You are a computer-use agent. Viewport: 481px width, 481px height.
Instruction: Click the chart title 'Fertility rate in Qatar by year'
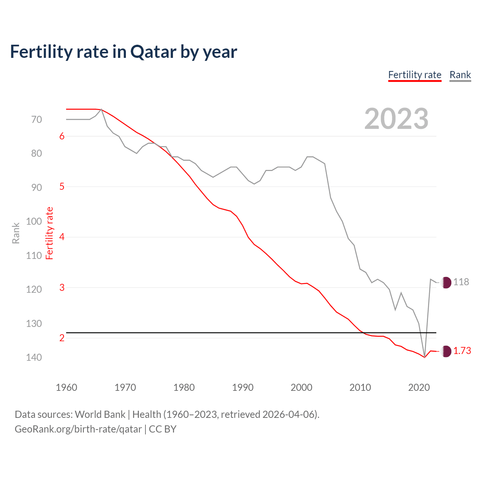(x=123, y=52)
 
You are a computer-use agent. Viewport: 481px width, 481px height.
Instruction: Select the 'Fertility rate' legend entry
(x=414, y=75)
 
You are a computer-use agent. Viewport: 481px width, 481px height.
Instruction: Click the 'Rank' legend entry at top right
(x=460, y=75)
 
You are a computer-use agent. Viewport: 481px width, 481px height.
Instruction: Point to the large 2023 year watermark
(x=396, y=119)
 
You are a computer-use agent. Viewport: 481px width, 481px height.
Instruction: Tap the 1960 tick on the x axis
(x=67, y=387)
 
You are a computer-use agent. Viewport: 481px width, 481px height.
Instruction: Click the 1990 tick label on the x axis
(x=243, y=387)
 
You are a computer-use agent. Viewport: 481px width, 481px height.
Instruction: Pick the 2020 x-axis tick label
(x=419, y=387)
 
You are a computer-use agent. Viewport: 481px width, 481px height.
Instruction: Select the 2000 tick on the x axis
(x=301, y=387)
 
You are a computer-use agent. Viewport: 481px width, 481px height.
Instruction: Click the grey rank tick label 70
(x=36, y=119)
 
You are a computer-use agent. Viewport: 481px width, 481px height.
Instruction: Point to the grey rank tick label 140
(x=34, y=357)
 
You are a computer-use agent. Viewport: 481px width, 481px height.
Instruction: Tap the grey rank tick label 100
(x=34, y=221)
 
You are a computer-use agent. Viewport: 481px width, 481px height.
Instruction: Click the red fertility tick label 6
(x=62, y=136)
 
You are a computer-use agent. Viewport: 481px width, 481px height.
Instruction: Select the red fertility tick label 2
(x=62, y=338)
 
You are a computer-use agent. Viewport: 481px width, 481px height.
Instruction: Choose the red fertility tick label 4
(x=62, y=237)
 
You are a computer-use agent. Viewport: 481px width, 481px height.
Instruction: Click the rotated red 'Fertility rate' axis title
(x=50, y=233)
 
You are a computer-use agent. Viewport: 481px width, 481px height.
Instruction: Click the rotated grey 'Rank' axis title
(x=16, y=233)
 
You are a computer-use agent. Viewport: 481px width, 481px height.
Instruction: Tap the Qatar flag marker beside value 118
(x=446, y=282)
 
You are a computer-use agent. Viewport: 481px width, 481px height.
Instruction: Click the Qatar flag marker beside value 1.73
(x=446, y=351)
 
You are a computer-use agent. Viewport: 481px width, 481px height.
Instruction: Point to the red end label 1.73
(x=462, y=351)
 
